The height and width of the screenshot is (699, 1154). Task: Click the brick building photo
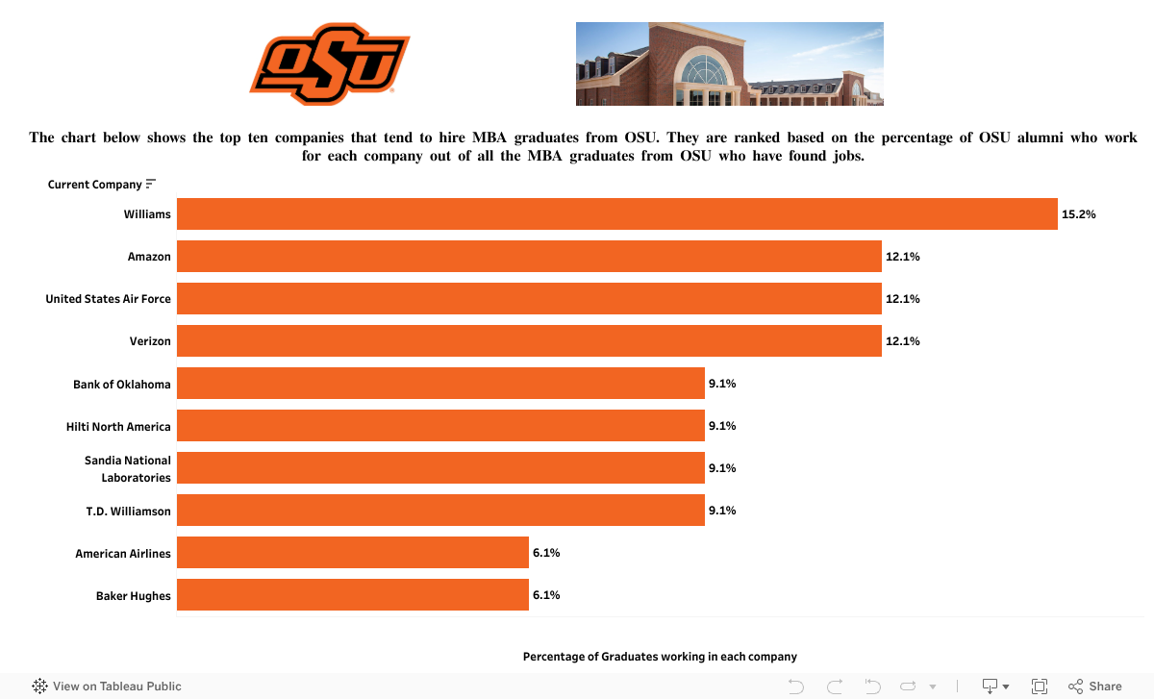click(729, 63)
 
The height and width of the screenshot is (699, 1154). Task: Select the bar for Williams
click(616, 213)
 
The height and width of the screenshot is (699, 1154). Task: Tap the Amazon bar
click(529, 257)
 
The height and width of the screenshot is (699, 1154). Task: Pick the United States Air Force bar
click(529, 299)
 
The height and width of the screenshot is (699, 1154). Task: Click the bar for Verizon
click(529, 341)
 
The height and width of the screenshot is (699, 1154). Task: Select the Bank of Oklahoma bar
click(440, 384)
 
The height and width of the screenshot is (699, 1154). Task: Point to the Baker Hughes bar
click(352, 595)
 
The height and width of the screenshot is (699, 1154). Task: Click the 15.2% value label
click(1078, 214)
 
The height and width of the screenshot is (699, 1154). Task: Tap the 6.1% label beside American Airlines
click(546, 553)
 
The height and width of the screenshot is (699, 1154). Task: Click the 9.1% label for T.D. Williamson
click(722, 511)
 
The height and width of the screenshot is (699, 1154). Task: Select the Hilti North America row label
click(118, 426)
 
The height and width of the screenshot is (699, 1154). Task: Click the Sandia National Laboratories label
click(128, 469)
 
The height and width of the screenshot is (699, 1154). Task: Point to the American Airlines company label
click(123, 554)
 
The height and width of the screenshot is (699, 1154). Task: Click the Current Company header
click(94, 185)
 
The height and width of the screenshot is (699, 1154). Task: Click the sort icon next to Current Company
click(151, 184)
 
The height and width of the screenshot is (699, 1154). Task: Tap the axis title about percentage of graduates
click(660, 657)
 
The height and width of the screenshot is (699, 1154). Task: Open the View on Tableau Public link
click(108, 687)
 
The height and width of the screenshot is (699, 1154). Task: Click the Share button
click(1095, 687)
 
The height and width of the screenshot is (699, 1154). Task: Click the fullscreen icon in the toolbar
click(1039, 687)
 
